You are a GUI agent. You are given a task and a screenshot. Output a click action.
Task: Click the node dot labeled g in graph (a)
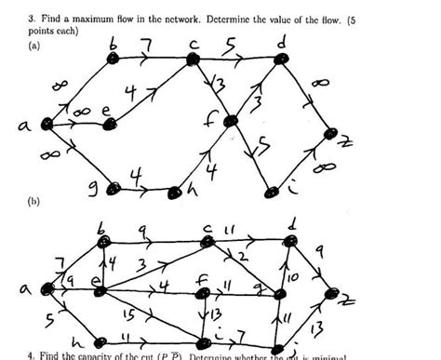pyautogui.click(x=114, y=189)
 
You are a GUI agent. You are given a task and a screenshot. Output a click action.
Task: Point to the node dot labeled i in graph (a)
pyautogui.click(x=272, y=193)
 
